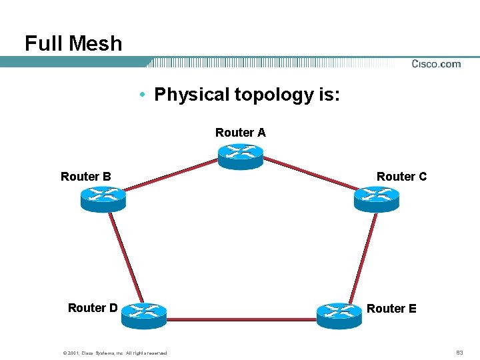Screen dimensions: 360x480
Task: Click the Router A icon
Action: [x=241, y=156]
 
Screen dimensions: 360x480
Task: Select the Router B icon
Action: [x=103, y=199]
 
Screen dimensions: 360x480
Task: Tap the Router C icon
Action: [x=376, y=199]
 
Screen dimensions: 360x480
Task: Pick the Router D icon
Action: [x=143, y=314]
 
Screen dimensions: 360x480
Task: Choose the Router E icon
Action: [x=339, y=314]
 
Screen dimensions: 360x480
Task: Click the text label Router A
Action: [x=241, y=133]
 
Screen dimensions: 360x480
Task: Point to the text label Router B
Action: [x=86, y=177]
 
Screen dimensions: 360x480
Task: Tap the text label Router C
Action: [x=401, y=177]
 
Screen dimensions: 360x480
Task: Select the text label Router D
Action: [x=93, y=308]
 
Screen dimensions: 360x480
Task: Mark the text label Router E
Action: [x=391, y=309]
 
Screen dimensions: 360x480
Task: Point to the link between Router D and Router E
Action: [x=241, y=319]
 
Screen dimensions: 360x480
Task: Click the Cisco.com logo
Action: [x=436, y=64]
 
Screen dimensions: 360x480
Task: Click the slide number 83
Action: [x=459, y=352]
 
